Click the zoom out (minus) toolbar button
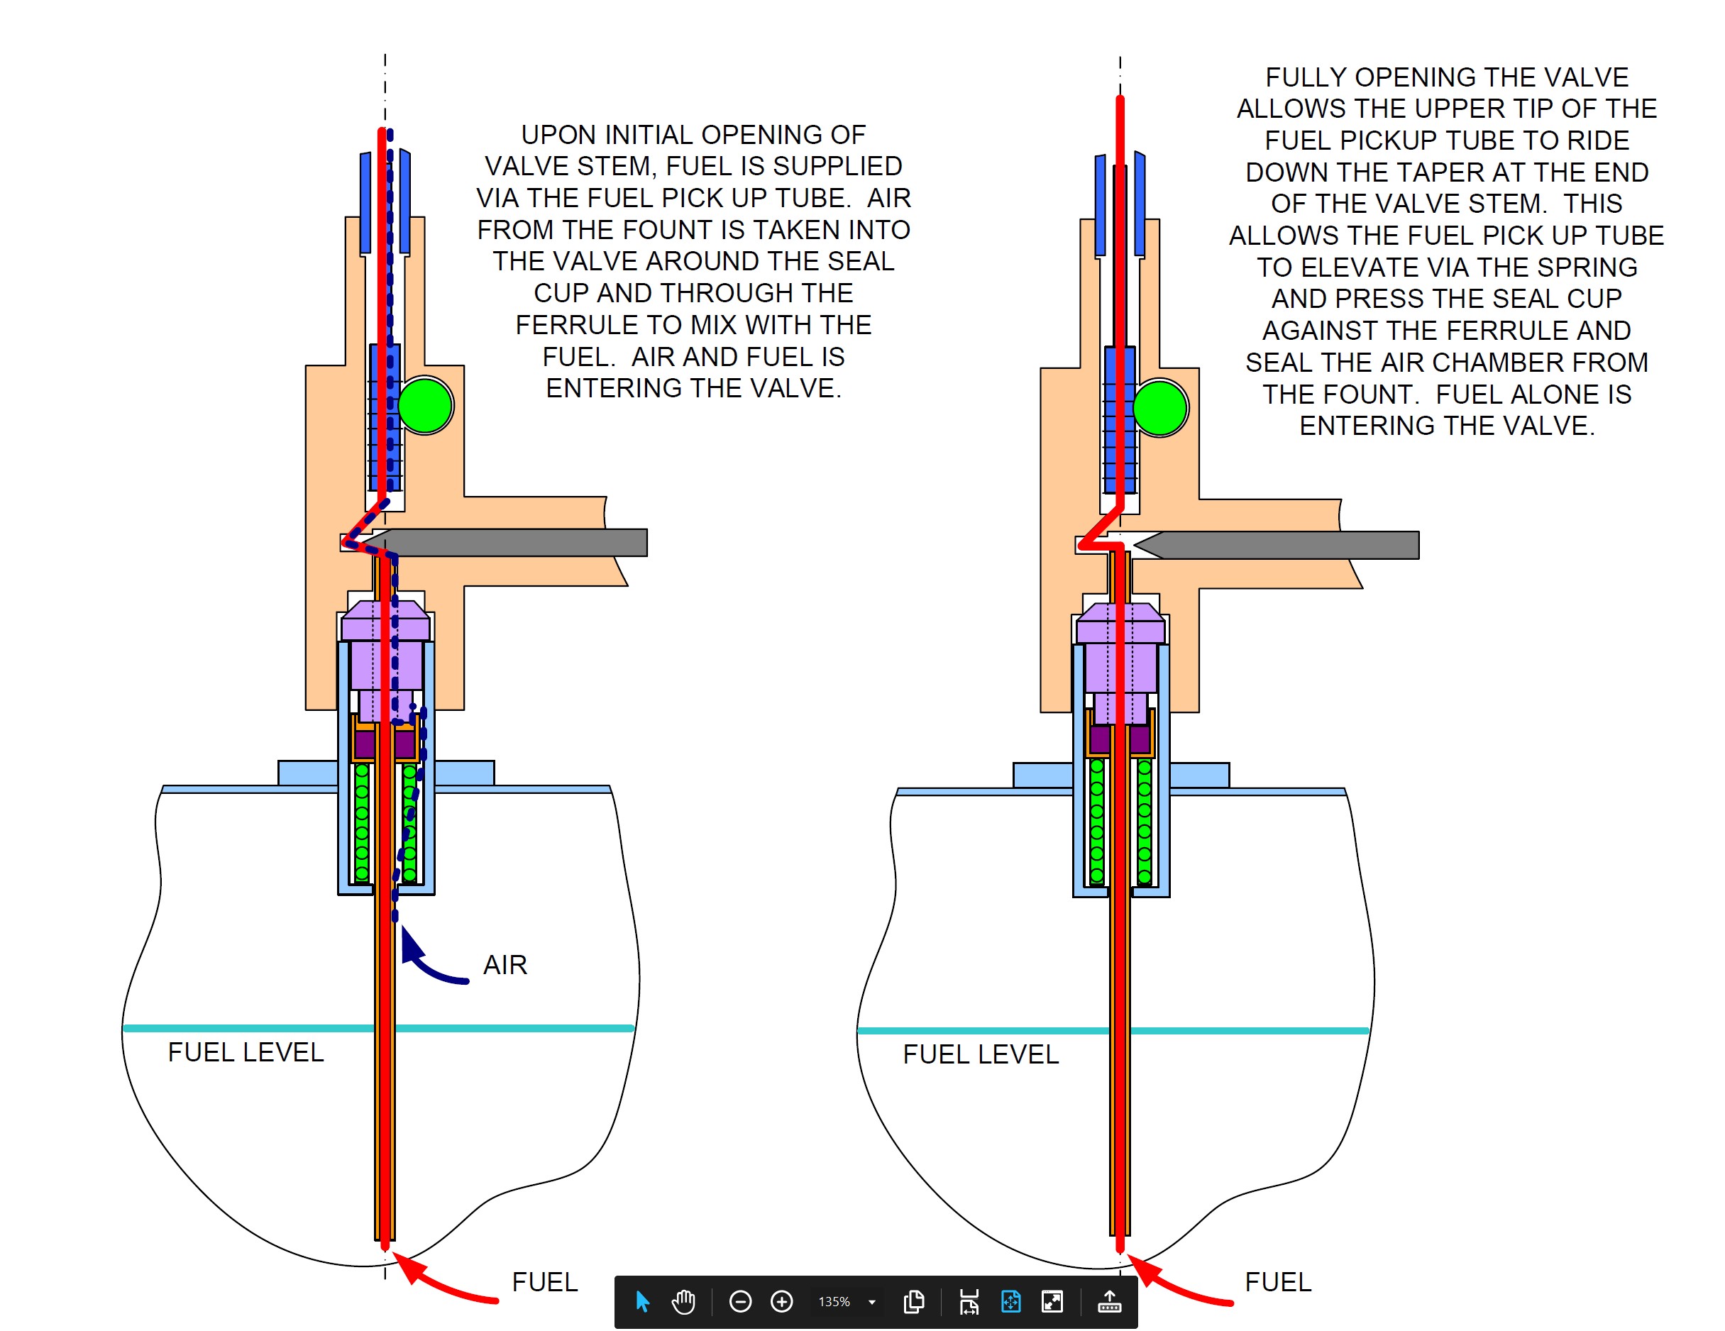pyautogui.click(x=740, y=1301)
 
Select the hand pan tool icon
pyautogui.click(x=683, y=1301)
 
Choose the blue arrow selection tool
pyautogui.click(x=642, y=1301)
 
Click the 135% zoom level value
pyautogui.click(x=834, y=1302)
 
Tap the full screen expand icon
pyautogui.click(x=1052, y=1301)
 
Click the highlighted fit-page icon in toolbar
pyautogui.click(x=1010, y=1301)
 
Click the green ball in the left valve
pyautogui.click(x=425, y=405)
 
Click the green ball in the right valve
pyautogui.click(x=1160, y=407)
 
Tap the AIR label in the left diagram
pyautogui.click(x=505, y=964)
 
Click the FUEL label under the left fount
pyautogui.click(x=545, y=1281)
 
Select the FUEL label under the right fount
pyautogui.click(x=1278, y=1281)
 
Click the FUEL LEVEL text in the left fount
pyautogui.click(x=246, y=1052)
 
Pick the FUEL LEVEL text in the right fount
pyautogui.click(x=981, y=1054)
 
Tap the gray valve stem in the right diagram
pyautogui.click(x=1277, y=545)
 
